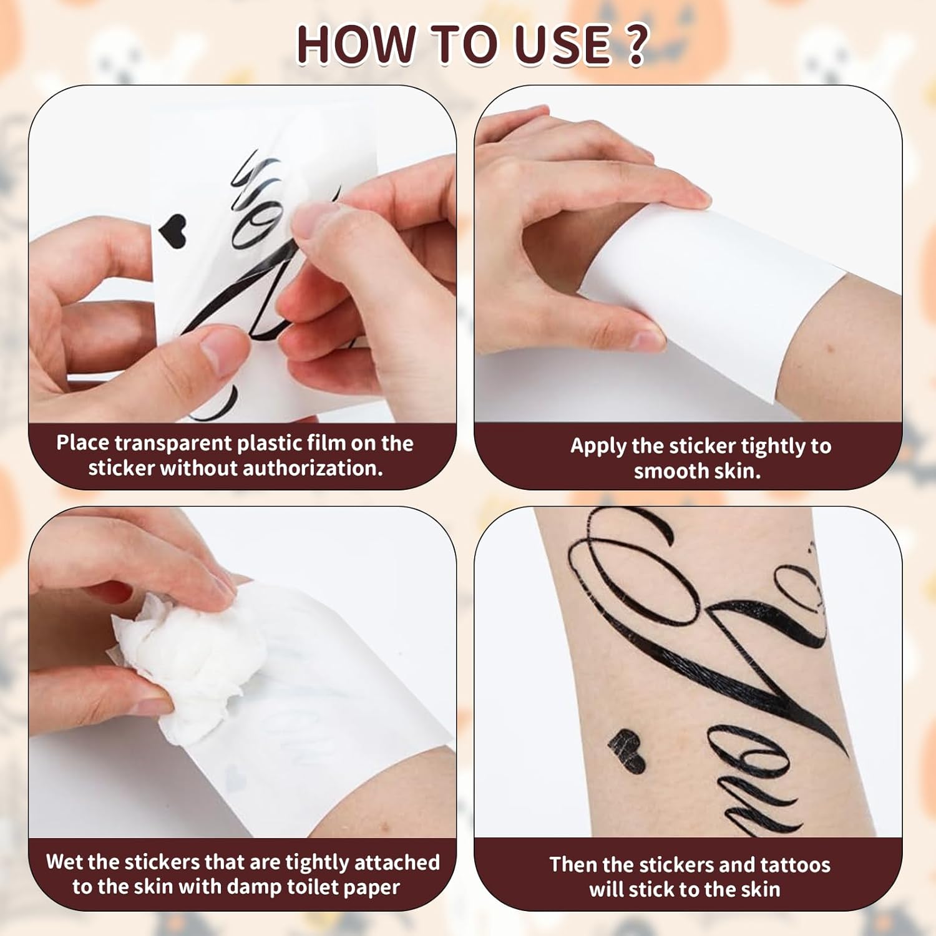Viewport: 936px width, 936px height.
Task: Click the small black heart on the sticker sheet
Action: pyautogui.click(x=173, y=232)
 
